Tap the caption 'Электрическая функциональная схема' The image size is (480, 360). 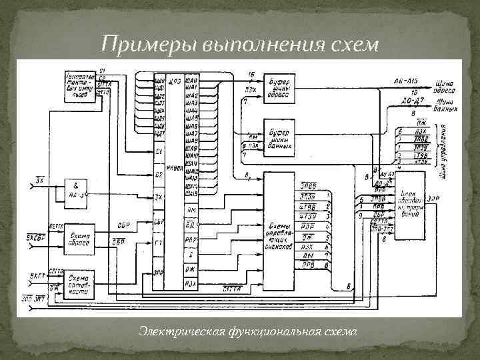point(248,331)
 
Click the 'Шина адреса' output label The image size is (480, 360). point(445,87)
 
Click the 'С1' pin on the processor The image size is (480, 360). point(159,152)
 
